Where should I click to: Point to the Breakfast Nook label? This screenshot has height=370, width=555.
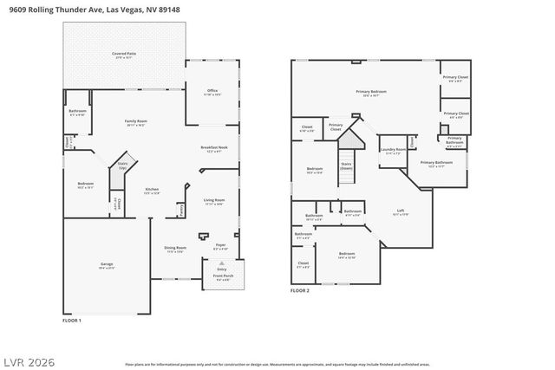click(x=214, y=149)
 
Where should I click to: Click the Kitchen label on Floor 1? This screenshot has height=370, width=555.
click(x=152, y=191)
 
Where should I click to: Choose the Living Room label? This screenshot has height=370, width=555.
click(x=213, y=201)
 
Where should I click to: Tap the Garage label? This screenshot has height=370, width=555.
click(x=107, y=265)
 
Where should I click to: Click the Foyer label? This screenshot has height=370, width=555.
click(x=220, y=247)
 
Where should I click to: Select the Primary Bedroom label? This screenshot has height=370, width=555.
click(x=371, y=93)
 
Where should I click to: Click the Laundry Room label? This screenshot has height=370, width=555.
click(x=394, y=151)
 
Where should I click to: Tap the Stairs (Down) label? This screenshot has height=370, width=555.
click(x=346, y=165)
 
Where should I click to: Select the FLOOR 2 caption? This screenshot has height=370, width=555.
click(x=300, y=291)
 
